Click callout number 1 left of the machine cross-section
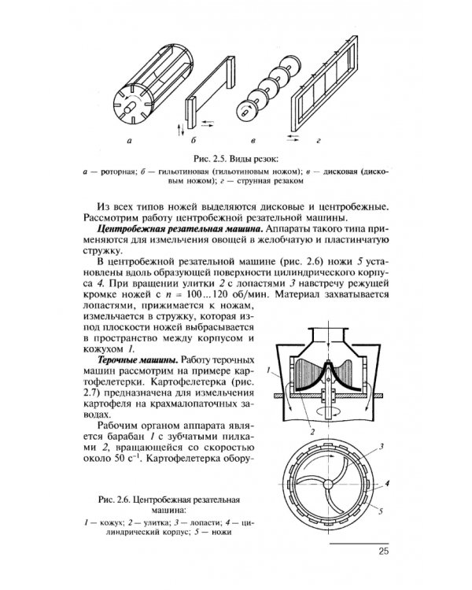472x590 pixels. pos(269,369)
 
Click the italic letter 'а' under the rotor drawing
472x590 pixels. pos(128,142)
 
